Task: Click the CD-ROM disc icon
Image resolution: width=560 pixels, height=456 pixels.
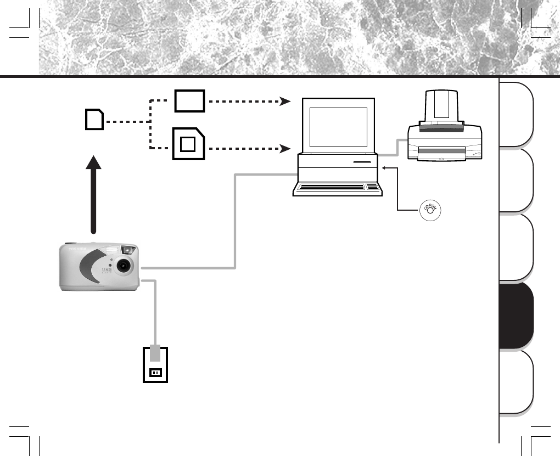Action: pyautogui.click(x=430, y=211)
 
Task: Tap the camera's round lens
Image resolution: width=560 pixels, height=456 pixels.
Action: pyautogui.click(x=125, y=266)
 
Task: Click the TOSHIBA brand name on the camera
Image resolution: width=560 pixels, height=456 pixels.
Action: pyautogui.click(x=77, y=249)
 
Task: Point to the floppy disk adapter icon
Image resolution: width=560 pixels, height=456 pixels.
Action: pyautogui.click(x=188, y=143)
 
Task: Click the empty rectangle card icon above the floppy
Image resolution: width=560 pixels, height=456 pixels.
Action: pyautogui.click(x=190, y=101)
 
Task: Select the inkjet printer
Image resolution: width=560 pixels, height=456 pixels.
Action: pyautogui.click(x=445, y=134)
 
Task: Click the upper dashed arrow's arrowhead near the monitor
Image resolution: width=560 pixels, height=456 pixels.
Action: pyautogui.click(x=285, y=102)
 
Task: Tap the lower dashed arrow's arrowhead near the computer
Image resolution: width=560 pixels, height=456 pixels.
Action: pyautogui.click(x=285, y=149)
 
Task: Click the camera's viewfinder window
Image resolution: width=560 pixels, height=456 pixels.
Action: pyautogui.click(x=127, y=250)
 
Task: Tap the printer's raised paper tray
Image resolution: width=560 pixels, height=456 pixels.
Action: pyautogui.click(x=441, y=108)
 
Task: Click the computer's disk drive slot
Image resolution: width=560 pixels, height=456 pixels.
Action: pyautogui.click(x=362, y=163)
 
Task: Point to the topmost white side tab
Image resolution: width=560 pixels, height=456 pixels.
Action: pyautogui.click(x=516, y=114)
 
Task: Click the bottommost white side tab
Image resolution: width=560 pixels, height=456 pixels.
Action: pyautogui.click(x=516, y=381)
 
